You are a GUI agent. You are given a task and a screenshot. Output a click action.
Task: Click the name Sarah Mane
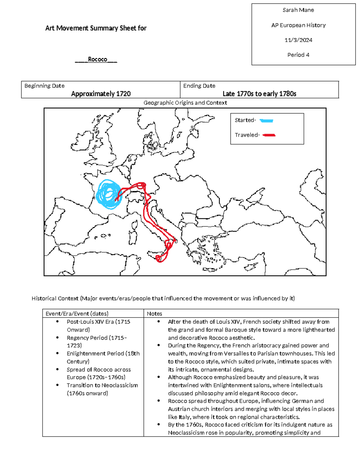[298, 10]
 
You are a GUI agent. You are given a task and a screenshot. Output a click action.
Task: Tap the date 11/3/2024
[298, 40]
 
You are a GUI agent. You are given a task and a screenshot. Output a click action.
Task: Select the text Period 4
[298, 55]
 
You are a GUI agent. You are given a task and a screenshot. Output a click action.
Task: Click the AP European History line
[298, 25]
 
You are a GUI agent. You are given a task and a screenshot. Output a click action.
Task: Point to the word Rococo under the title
[97, 59]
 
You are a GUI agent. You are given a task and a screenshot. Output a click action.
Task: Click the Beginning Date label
[44, 86]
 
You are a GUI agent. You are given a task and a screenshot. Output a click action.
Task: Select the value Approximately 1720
[101, 94]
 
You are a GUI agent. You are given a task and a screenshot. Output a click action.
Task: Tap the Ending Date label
[199, 86]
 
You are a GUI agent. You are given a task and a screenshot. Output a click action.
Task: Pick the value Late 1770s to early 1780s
[259, 94]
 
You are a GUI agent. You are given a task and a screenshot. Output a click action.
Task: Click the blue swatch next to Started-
[266, 121]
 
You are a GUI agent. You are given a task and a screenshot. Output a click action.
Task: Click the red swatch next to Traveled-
[269, 135]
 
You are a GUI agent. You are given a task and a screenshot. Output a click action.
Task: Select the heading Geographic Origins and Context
[185, 103]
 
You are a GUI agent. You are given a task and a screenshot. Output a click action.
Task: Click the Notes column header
[154, 314]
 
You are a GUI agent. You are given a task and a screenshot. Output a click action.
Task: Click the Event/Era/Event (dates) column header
[77, 314]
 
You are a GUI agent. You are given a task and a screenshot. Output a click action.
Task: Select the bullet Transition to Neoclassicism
[102, 385]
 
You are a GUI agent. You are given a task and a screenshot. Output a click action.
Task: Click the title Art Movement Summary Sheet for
[96, 28]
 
